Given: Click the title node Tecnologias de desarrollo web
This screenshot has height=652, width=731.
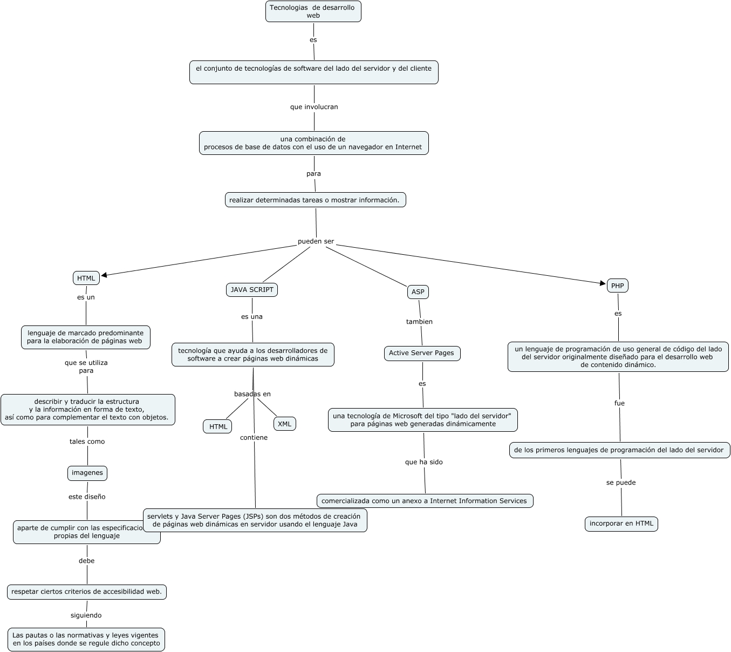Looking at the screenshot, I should pyautogui.click(x=313, y=11).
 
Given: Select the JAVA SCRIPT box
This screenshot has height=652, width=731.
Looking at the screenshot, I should pyautogui.click(x=252, y=290).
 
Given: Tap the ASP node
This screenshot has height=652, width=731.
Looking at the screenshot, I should pyautogui.click(x=418, y=292).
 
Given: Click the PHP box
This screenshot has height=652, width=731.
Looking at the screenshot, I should pyautogui.click(x=618, y=286).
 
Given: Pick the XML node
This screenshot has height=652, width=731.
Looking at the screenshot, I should pyautogui.click(x=284, y=424).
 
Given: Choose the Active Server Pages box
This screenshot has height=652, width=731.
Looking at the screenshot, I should pyautogui.click(x=422, y=354).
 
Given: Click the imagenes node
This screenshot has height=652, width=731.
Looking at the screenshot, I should pyautogui.click(x=87, y=473).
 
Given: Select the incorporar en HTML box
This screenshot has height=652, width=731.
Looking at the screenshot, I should pyautogui.click(x=621, y=524).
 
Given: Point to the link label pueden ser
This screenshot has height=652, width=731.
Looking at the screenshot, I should pyautogui.click(x=316, y=241).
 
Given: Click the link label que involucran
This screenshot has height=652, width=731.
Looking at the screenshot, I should pyautogui.click(x=314, y=107).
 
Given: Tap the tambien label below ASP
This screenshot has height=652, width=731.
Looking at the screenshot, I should pyautogui.click(x=420, y=322).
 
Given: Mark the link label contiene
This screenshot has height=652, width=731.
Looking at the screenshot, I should pyautogui.click(x=254, y=438).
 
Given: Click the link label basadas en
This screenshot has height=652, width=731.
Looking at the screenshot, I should pyautogui.click(x=252, y=394).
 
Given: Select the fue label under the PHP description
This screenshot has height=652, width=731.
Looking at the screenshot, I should pyautogui.click(x=619, y=403).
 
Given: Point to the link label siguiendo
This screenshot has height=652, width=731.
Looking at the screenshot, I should pyautogui.click(x=86, y=615).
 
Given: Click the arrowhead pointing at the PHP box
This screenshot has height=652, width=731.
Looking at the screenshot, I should pyautogui.click(x=603, y=282).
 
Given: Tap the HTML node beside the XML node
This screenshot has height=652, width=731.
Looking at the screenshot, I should pyautogui.click(x=218, y=426).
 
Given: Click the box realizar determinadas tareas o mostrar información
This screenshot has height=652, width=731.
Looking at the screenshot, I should pyautogui.click(x=315, y=200).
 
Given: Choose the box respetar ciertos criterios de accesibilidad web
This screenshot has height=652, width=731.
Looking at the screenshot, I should pyautogui.click(x=87, y=592).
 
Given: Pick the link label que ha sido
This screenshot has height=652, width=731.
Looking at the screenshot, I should pyautogui.click(x=424, y=462).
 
